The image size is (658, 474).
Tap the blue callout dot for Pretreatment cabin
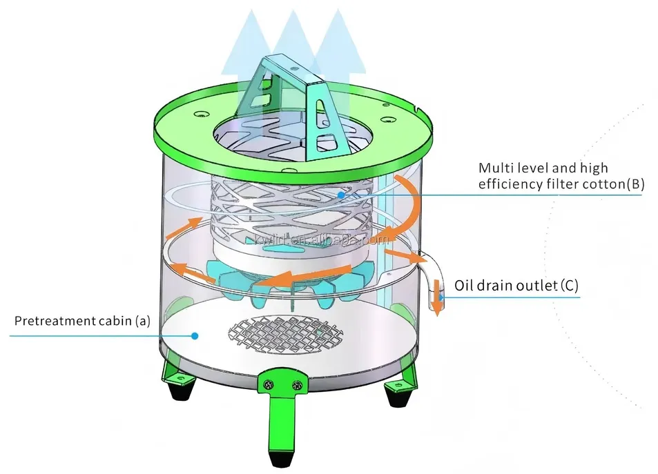point(195,336)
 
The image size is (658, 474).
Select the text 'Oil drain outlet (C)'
point(516,285)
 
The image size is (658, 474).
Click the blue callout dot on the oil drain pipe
point(440,298)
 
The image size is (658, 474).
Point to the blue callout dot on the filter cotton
point(340,195)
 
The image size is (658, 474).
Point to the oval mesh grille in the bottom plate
point(286,334)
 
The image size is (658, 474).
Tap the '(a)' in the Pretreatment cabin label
point(142,321)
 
